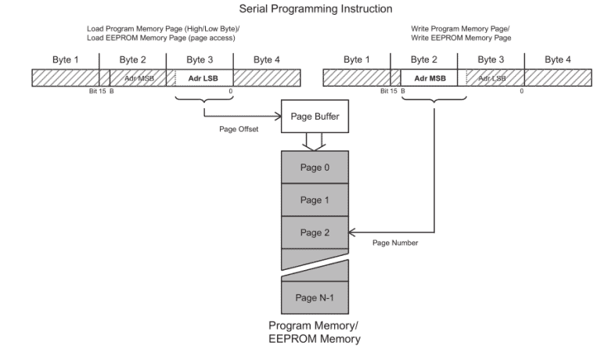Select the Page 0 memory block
click(x=315, y=166)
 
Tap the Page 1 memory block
click(x=315, y=200)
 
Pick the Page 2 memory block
click(x=315, y=232)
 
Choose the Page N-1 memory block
click(x=315, y=297)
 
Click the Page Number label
click(x=394, y=243)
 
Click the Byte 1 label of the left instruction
click(x=66, y=59)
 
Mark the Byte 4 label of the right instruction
click(x=557, y=59)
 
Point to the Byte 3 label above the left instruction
click(x=200, y=59)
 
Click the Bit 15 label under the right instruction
click(x=388, y=91)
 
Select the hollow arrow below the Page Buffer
click(x=314, y=140)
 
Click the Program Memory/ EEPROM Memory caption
click(x=315, y=332)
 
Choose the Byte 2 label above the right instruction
click(x=424, y=59)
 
